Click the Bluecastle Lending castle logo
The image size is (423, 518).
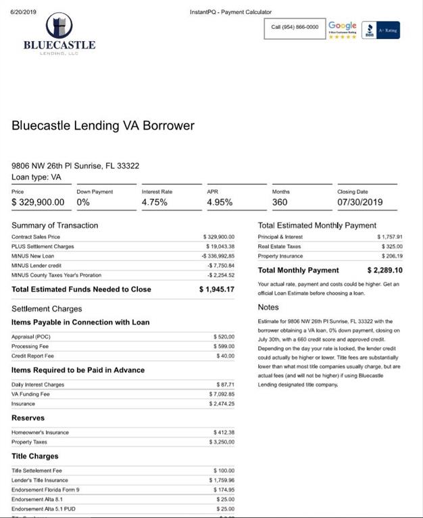[59, 27]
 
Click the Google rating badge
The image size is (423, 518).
[342, 28]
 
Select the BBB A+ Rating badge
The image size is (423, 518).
[381, 30]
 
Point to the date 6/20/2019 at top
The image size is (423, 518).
[24, 12]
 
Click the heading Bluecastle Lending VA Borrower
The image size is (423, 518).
[103, 125]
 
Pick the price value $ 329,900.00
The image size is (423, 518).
[39, 202]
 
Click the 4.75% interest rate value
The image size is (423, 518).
[155, 202]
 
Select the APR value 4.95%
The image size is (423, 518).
[220, 202]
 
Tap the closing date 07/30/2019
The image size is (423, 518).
[359, 202]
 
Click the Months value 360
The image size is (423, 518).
[280, 202]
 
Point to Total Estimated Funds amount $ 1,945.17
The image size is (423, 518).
[217, 289]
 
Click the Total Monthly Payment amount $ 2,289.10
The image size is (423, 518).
[384, 270]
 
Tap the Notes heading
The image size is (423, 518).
[268, 308]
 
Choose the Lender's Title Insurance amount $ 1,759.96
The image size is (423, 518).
[221, 480]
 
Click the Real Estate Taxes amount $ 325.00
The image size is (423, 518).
[390, 247]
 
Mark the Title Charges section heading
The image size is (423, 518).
[34, 456]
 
